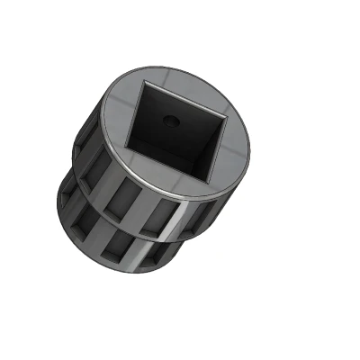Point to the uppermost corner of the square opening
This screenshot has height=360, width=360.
[145, 83]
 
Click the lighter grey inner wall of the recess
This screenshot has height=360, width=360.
[212, 144]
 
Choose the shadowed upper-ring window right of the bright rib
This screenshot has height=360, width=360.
[199, 216]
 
